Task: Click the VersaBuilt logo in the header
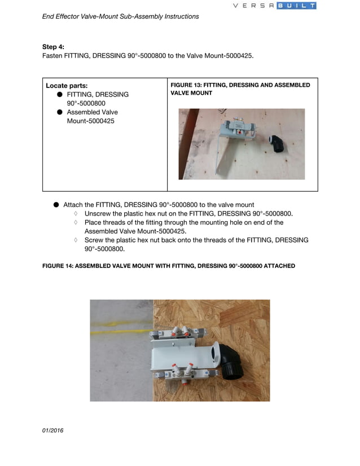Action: click(x=275, y=6)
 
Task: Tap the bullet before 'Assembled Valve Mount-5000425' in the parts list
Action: click(x=59, y=112)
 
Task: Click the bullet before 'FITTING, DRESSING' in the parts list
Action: click(x=59, y=94)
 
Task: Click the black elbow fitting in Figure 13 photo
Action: click(x=277, y=144)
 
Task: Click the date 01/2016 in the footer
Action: click(x=53, y=430)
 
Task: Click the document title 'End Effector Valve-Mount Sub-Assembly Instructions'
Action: click(x=120, y=16)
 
